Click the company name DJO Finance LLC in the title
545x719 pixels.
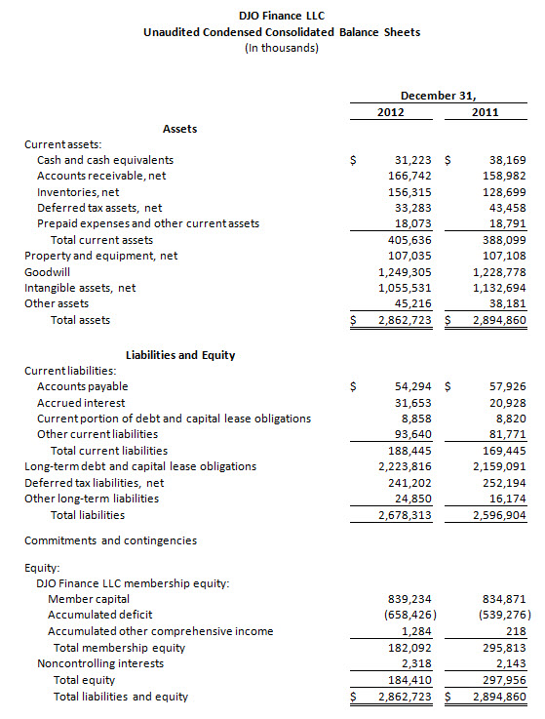pos(282,17)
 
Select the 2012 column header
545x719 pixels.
pos(391,112)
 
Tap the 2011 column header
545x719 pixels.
pos(485,112)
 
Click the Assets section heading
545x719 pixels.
pos(179,128)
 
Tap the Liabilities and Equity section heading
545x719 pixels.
pos(180,355)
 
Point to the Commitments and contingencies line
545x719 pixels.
pos(110,539)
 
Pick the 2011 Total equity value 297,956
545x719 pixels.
pos(502,680)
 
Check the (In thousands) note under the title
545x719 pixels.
pos(282,49)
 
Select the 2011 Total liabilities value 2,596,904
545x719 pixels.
pos(498,514)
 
